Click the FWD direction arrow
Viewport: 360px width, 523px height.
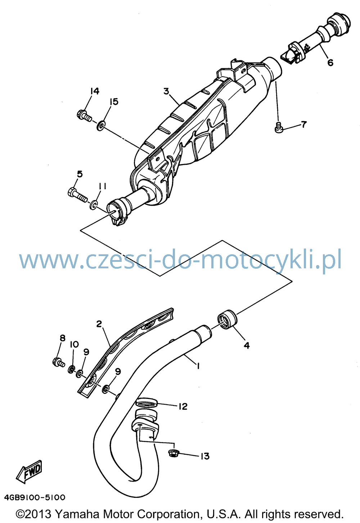29,469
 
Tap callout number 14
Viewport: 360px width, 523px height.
95,91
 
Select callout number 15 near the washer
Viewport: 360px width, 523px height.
114,102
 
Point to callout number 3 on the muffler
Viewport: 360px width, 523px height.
166,91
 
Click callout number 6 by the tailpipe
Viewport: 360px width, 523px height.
330,63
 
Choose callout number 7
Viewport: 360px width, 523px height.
303,124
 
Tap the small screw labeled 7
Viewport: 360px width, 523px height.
279,127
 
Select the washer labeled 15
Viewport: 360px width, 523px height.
101,126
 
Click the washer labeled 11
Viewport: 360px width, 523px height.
94,205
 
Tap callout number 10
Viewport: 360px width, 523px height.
74,344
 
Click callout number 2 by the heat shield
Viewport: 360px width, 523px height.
99,324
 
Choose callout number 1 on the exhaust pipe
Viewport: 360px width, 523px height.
198,366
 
